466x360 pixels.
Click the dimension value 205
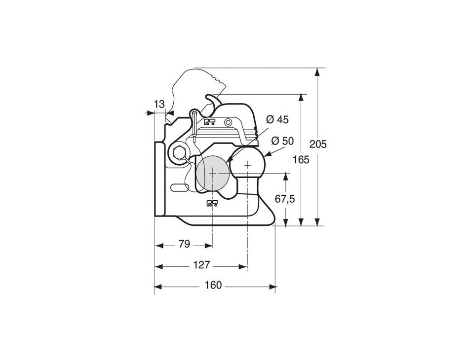pos(318,144)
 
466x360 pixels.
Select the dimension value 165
pos(301,160)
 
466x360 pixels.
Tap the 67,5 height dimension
pos(285,199)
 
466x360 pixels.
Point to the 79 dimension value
pos(184,244)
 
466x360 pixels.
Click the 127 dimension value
pos(202,265)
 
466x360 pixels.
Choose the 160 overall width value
pos(213,285)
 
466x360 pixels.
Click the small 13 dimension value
pos(159,104)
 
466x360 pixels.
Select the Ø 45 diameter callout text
pos(277,120)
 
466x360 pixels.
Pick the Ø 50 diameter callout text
pos(282,141)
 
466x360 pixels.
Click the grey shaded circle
pos(213,174)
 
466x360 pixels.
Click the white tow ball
pos(248,163)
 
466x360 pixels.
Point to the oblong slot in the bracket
pos(180,187)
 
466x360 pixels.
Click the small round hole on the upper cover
pos(228,122)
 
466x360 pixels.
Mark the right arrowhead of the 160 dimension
pos(273,287)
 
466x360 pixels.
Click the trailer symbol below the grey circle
pos(212,203)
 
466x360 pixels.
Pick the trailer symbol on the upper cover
pos(209,122)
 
